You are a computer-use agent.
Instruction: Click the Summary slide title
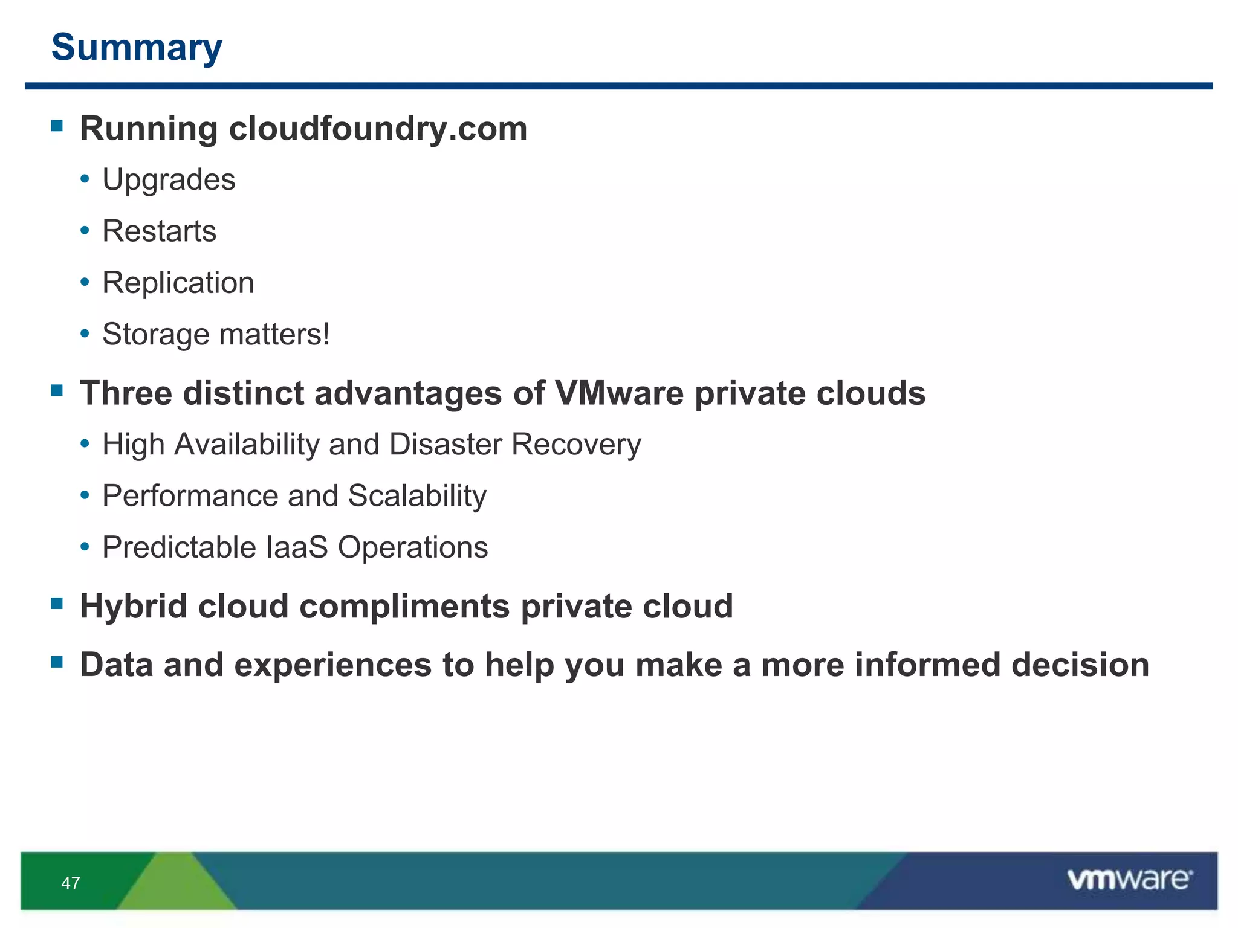(x=137, y=47)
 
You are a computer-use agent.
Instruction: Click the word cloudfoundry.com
(x=378, y=129)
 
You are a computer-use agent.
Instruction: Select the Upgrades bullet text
(x=169, y=179)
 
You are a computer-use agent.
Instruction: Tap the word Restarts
(x=159, y=231)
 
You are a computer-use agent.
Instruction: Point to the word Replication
(x=178, y=283)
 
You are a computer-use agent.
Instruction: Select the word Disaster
(x=446, y=444)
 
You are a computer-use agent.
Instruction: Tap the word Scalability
(x=417, y=496)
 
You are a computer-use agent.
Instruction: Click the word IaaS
(x=297, y=547)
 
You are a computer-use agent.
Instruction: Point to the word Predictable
(x=180, y=547)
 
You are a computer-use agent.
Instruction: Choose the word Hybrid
(x=134, y=606)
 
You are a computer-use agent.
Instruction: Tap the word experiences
(x=333, y=665)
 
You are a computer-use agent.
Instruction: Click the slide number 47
(x=71, y=883)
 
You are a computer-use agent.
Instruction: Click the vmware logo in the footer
(x=1129, y=880)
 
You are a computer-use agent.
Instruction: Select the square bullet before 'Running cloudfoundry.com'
(x=57, y=126)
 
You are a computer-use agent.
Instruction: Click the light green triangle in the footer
(x=176, y=885)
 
